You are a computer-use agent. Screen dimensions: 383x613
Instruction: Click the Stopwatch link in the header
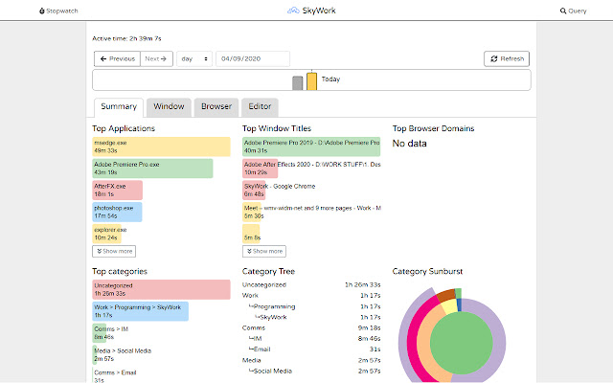(x=58, y=11)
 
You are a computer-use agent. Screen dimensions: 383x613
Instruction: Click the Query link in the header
(x=574, y=11)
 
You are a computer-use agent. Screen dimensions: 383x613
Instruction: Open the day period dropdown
(x=193, y=58)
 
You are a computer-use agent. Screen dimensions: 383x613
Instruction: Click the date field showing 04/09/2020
(x=252, y=58)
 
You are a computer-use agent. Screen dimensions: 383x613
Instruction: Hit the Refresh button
(x=507, y=58)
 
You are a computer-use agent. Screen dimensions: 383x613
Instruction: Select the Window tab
(x=169, y=106)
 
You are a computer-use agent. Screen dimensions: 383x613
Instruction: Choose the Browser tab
(x=216, y=106)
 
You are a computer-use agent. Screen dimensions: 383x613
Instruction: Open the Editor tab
(x=260, y=106)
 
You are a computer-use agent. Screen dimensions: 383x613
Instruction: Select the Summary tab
(x=118, y=106)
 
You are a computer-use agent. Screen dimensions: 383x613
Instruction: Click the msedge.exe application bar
(x=161, y=146)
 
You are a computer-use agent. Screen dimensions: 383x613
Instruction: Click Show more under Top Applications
(x=114, y=251)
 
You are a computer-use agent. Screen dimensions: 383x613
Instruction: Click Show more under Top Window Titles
(x=264, y=251)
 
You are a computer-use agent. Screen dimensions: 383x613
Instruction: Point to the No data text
(x=410, y=144)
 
